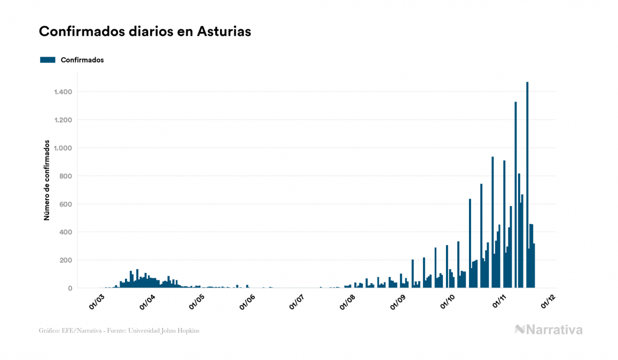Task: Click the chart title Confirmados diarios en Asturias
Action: tap(145, 32)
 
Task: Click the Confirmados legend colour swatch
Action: tap(48, 60)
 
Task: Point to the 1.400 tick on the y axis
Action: tap(63, 92)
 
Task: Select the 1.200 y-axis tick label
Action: tap(63, 120)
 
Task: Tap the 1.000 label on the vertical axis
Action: tap(63, 148)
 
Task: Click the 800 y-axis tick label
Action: tap(66, 176)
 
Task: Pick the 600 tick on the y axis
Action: tap(66, 204)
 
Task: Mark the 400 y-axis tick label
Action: tap(66, 232)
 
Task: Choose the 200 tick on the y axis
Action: tap(66, 260)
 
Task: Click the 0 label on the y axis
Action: tap(70, 288)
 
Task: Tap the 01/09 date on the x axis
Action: tap(398, 301)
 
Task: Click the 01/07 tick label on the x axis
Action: tap(296, 301)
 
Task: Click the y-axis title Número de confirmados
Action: tap(46, 181)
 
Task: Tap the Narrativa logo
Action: tap(549, 330)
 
